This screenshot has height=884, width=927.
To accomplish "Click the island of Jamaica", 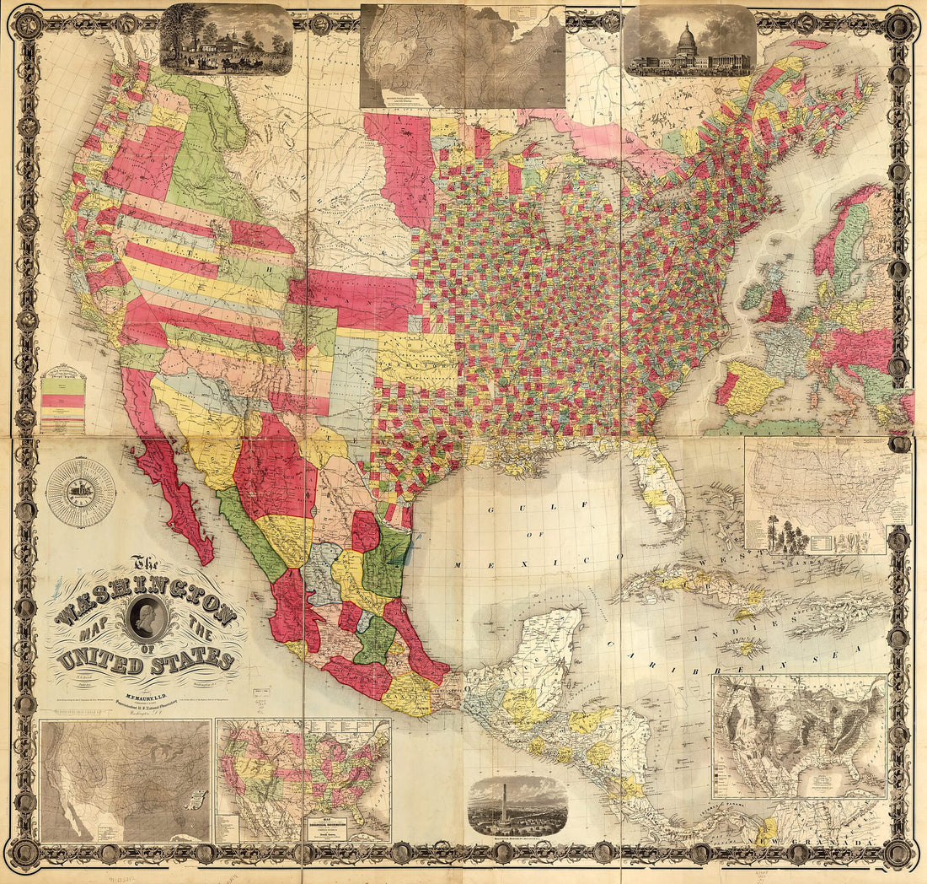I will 746,648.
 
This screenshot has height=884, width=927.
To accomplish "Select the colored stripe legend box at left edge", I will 63,401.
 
